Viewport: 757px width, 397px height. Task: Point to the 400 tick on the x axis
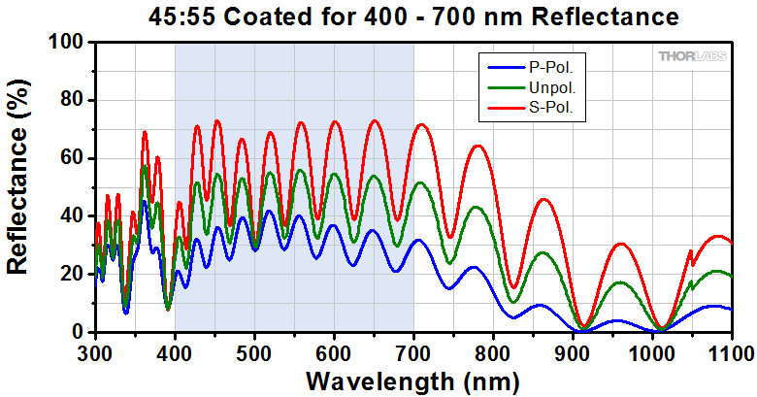(175, 351)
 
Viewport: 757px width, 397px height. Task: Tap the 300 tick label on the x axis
(95, 351)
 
